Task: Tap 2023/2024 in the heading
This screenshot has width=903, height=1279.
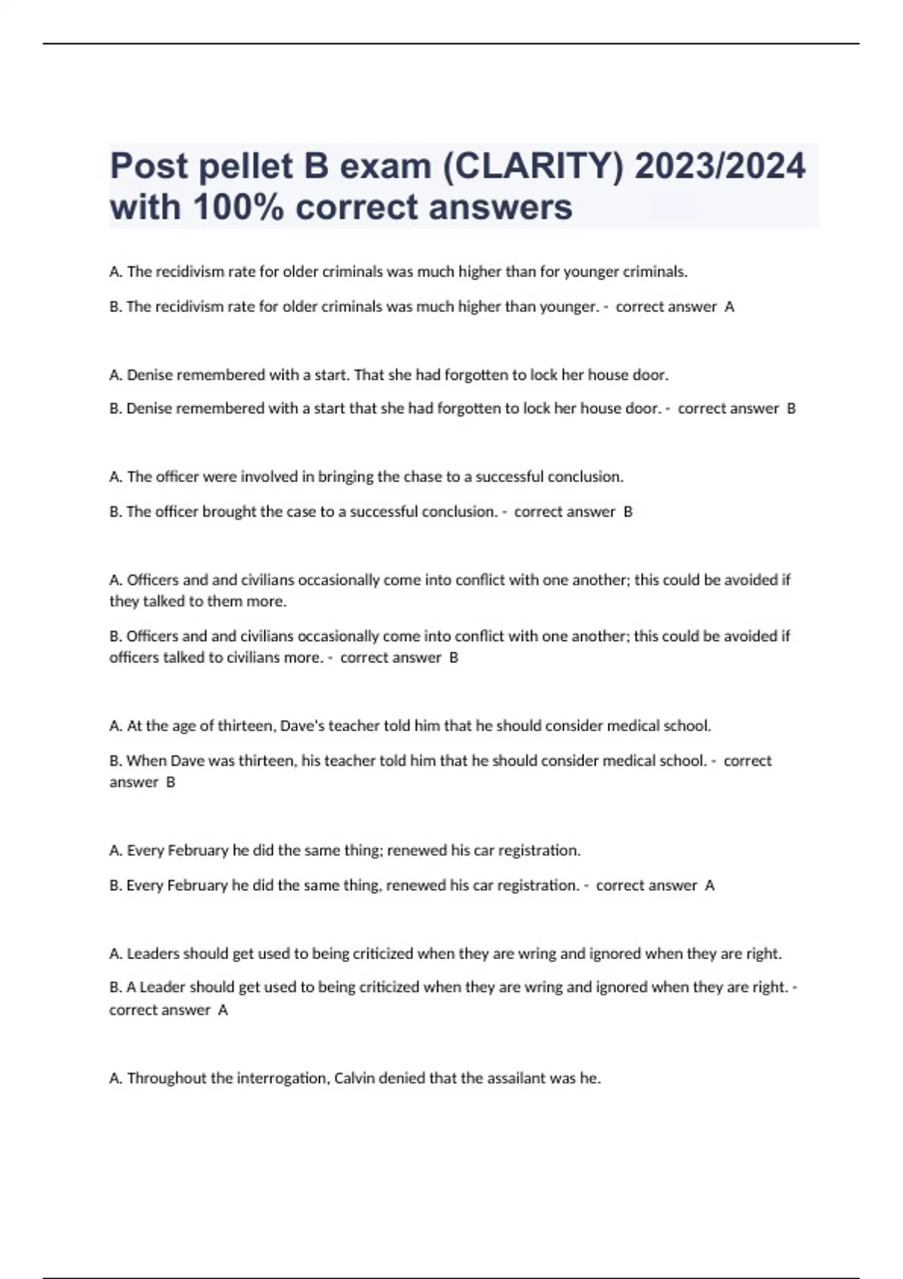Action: tap(719, 166)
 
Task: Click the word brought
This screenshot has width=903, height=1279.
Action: tap(230, 512)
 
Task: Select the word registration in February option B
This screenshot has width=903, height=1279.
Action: tap(537, 886)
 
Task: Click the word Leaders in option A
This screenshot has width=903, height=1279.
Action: tap(153, 954)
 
